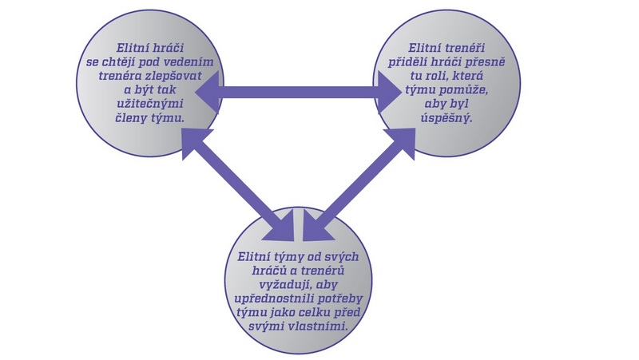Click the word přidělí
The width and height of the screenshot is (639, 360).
pyautogui.click(x=406, y=63)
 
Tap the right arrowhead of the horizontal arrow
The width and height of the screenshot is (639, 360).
pyautogui.click(x=388, y=85)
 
